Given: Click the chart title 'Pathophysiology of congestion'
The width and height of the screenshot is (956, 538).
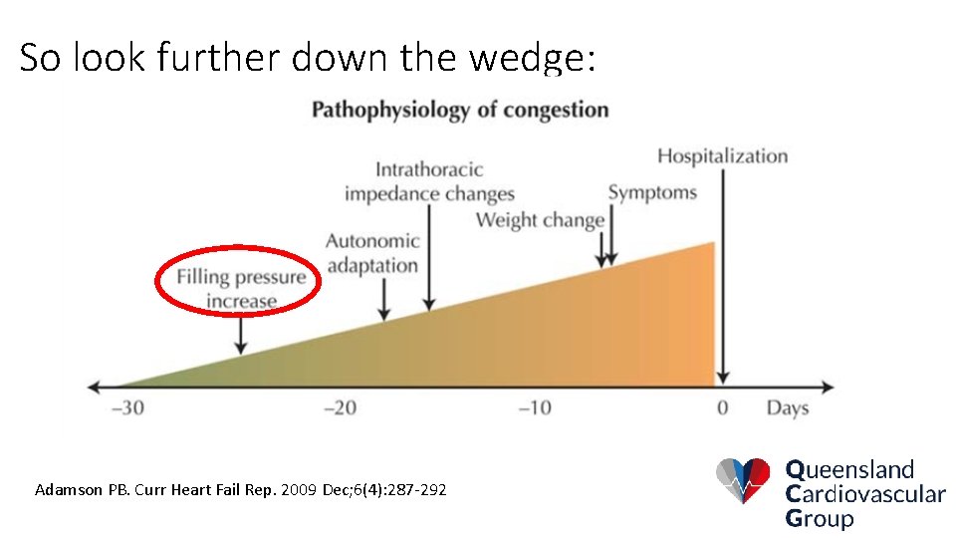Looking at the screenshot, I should pyautogui.click(x=460, y=109).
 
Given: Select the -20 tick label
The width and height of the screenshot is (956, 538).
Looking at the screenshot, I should pyautogui.click(x=339, y=408).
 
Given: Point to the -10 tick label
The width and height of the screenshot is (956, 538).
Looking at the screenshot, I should pyautogui.click(x=535, y=408).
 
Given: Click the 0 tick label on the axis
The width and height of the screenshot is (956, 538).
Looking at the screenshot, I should pyautogui.click(x=722, y=408).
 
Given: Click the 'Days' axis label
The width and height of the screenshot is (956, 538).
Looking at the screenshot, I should pyautogui.click(x=787, y=408).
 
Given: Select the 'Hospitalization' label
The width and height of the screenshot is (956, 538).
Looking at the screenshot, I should pyautogui.click(x=722, y=156).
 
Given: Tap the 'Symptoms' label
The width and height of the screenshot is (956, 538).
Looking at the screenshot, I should pyautogui.click(x=652, y=192).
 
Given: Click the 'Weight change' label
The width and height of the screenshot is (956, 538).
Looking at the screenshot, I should pyautogui.click(x=540, y=220).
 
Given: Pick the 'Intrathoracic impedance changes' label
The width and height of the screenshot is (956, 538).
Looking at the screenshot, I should pyautogui.click(x=429, y=181).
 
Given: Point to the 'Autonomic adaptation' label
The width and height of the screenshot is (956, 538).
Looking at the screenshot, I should pyautogui.click(x=372, y=253).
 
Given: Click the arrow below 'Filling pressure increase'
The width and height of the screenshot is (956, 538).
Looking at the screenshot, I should pyautogui.click(x=240, y=333).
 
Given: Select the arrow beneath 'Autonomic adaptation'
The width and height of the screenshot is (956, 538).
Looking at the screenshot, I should pyautogui.click(x=384, y=299).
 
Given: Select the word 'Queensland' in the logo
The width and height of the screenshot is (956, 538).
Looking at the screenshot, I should pyautogui.click(x=849, y=469).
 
